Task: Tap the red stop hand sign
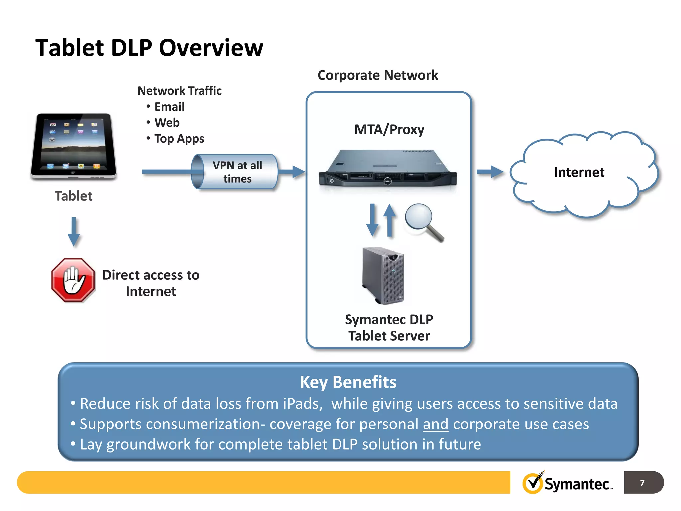(73, 280)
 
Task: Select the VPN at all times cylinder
(235, 172)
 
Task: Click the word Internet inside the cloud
(579, 172)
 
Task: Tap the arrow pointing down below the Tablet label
(74, 232)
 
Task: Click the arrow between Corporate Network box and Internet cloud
(490, 172)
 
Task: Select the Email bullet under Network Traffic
(169, 107)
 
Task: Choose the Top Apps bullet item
(179, 138)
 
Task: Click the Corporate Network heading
(377, 75)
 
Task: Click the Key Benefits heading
(348, 382)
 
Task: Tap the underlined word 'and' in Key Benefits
(436, 424)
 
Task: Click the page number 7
(642, 483)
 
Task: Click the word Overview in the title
(211, 48)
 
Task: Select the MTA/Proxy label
(389, 129)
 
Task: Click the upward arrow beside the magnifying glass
(389, 220)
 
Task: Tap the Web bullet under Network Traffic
(167, 123)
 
